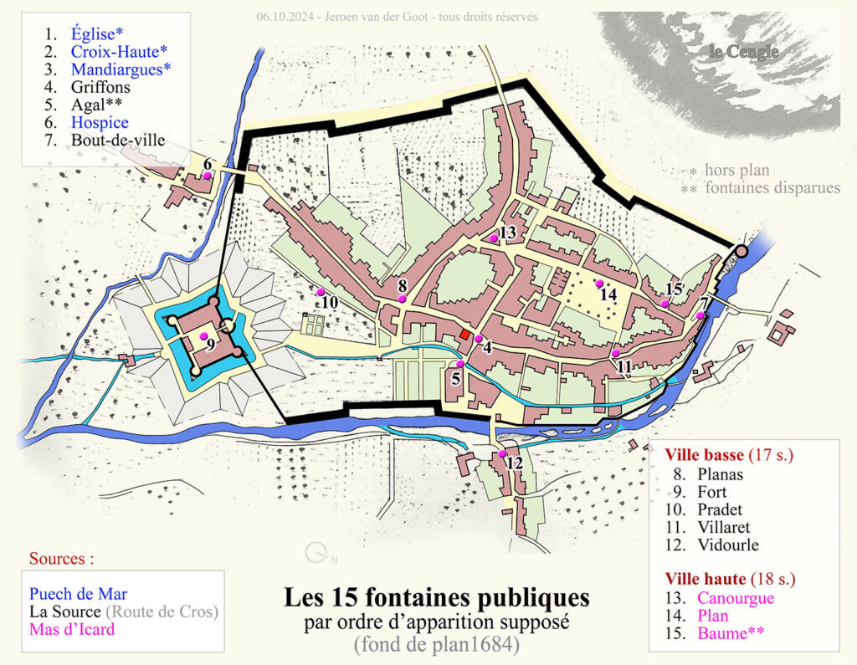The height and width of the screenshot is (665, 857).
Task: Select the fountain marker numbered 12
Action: [503, 453]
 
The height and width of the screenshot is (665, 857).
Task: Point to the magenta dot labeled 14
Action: [599, 284]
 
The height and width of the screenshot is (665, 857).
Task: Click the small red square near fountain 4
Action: [464, 335]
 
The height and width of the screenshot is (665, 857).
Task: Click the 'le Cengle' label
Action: [743, 53]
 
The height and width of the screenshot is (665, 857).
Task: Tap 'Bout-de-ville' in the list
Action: [118, 141]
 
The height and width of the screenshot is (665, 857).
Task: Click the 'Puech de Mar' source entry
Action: [78, 594]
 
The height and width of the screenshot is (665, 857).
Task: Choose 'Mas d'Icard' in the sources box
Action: [71, 629]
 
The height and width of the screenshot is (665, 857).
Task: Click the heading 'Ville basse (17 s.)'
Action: [728, 456]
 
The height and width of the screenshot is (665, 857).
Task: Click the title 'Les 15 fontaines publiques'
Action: [436, 599]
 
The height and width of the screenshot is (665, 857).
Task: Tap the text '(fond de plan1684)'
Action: [436, 645]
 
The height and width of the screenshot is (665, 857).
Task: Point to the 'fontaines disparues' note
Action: [772, 188]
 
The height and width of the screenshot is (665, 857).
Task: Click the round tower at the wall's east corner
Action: [741, 251]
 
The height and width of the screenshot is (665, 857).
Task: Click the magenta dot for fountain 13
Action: [494, 238]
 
